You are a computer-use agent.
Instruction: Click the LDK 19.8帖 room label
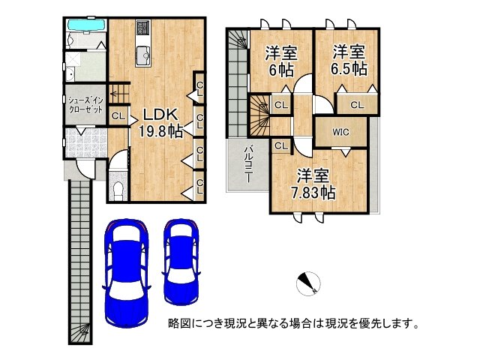click(158, 123)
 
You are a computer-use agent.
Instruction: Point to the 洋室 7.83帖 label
click(312, 184)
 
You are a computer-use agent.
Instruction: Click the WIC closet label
click(340, 132)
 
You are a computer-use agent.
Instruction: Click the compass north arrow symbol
click(308, 283)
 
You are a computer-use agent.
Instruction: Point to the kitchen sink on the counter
click(142, 52)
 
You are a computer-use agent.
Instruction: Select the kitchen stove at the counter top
click(142, 29)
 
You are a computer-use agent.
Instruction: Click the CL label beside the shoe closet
click(117, 116)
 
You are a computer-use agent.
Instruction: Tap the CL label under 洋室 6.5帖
click(355, 105)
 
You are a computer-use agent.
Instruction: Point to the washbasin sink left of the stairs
click(70, 73)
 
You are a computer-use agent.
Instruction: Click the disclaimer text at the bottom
click(292, 324)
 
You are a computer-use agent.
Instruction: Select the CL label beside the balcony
click(280, 145)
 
